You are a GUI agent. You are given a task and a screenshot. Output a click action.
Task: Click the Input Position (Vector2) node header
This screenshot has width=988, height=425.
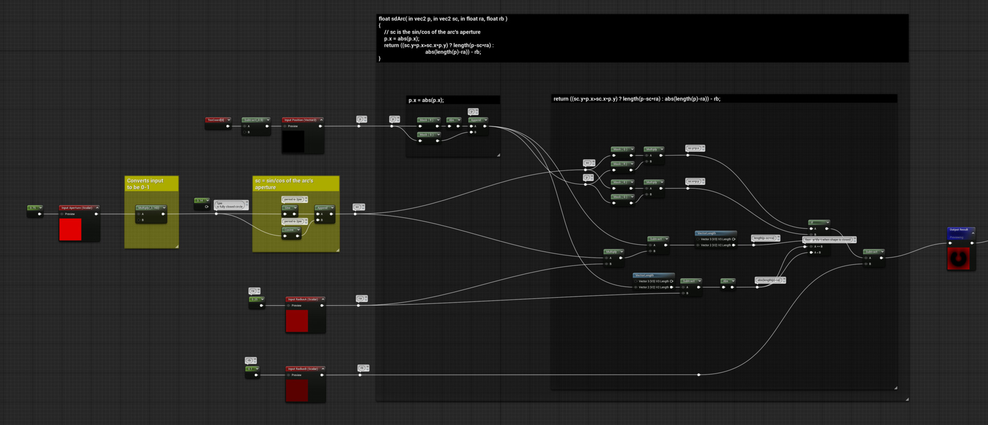[x=302, y=120]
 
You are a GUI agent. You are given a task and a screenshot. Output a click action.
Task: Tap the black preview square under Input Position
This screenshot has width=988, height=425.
[x=293, y=141]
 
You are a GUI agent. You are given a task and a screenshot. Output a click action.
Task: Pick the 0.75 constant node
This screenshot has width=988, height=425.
[x=34, y=208]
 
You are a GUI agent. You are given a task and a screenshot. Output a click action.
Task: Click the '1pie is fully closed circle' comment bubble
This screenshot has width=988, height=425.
[x=230, y=205]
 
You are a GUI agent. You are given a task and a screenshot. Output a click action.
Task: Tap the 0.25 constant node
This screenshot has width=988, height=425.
[x=256, y=299]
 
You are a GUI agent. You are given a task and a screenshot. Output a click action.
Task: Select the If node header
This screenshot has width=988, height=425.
[x=818, y=223]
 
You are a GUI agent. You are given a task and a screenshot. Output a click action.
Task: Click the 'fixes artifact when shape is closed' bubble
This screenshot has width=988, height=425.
[x=828, y=240]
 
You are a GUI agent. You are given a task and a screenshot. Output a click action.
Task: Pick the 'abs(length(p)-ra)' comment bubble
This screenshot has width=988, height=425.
[x=769, y=280]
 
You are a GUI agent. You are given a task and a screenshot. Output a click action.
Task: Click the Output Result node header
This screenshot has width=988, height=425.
[x=960, y=230]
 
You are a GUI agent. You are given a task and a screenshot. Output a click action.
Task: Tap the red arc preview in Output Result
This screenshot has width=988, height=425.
[x=958, y=258]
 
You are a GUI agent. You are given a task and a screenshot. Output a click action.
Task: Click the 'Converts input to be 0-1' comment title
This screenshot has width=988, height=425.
[x=146, y=184]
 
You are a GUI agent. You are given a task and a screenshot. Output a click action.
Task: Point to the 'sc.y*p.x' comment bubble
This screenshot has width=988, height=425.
[x=694, y=148]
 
